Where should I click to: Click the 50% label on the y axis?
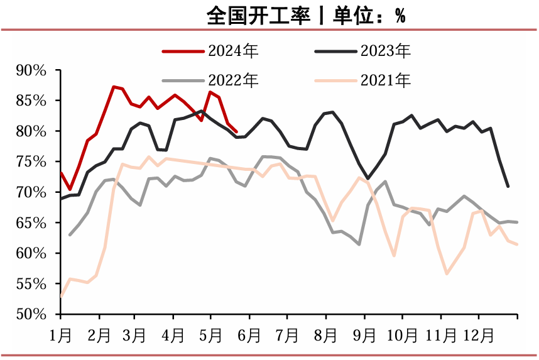(x=31, y=314)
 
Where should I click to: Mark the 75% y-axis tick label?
(x=31, y=161)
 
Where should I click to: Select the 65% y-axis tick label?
(x=31, y=222)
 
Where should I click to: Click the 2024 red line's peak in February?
(x=113, y=87)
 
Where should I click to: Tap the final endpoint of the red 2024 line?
(x=236, y=132)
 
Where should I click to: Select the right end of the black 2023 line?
(x=508, y=186)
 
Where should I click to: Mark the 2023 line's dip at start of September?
(x=368, y=178)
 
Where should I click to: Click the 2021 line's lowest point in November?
(x=447, y=274)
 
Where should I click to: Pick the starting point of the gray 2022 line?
(x=70, y=235)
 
